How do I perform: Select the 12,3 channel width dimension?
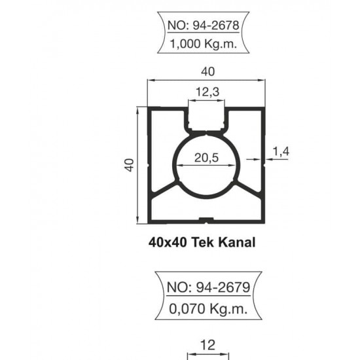(207, 93)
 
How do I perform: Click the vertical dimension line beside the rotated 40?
(139, 164)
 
